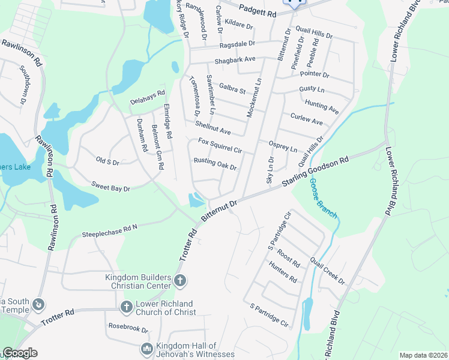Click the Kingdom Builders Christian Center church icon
179,280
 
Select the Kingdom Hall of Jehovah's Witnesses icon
146,349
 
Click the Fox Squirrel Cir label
220,146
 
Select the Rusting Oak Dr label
215,164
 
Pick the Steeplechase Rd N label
110,231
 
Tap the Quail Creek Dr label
327,271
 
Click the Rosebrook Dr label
128,328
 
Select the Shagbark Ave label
235,59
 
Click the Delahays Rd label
148,97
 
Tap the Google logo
20,353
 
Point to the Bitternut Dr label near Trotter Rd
220,212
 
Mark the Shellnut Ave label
212,127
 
